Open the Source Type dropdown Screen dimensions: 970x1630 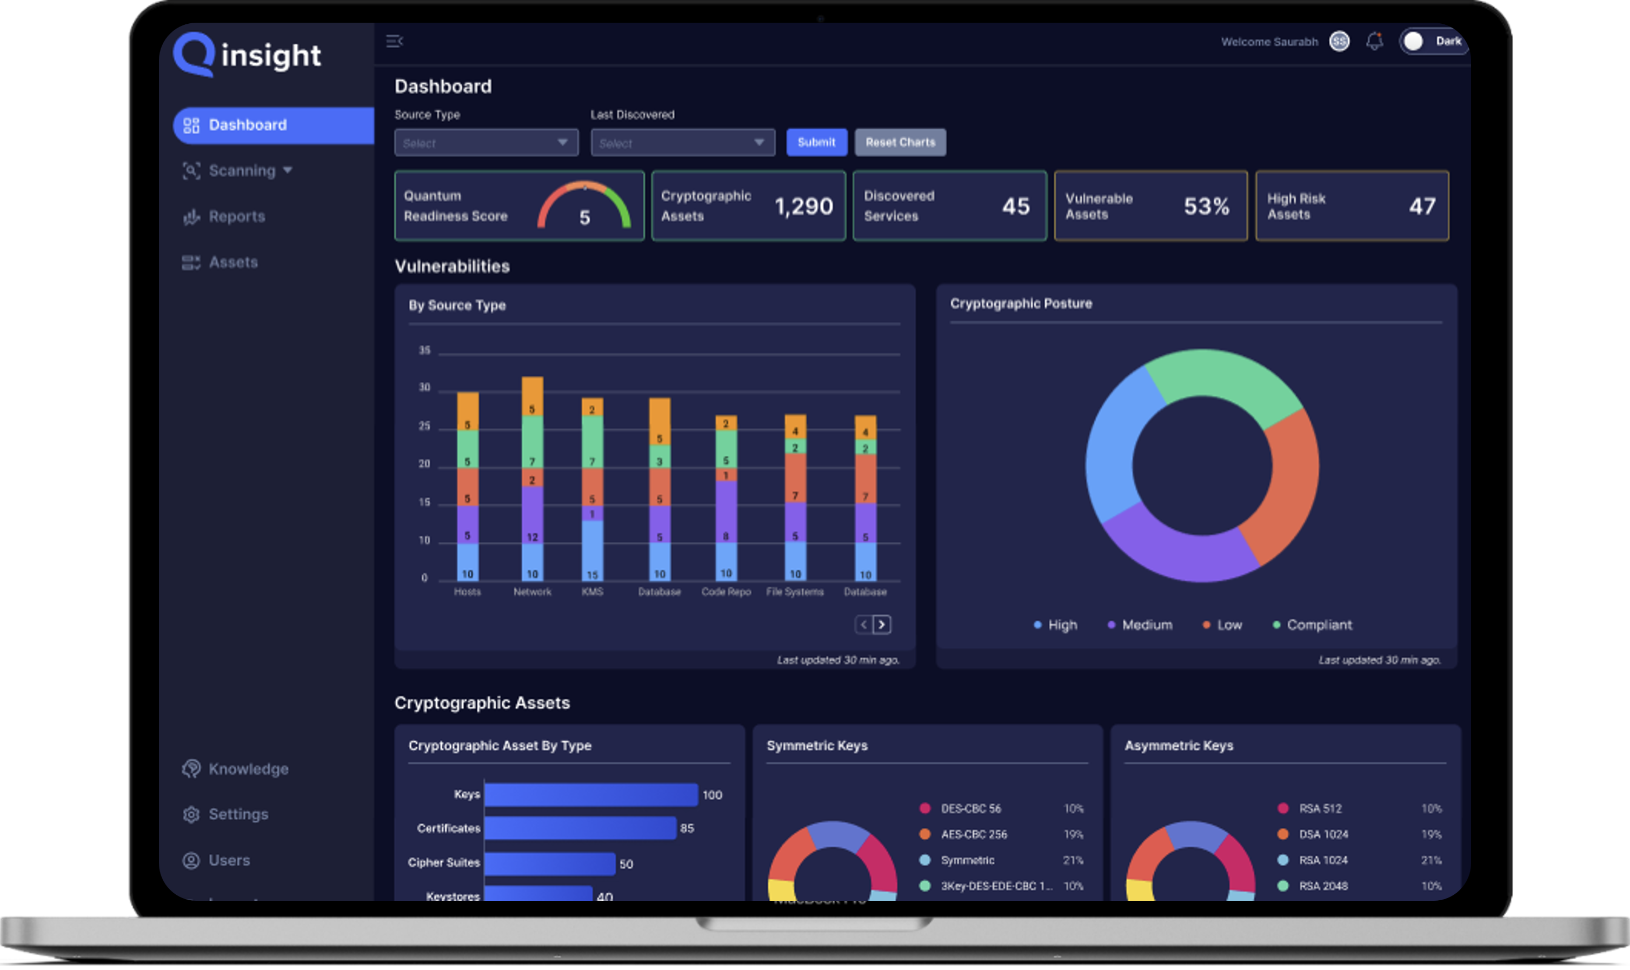(485, 143)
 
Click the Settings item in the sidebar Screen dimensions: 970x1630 (238, 814)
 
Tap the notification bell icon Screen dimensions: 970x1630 (1374, 41)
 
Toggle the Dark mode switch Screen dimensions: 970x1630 (1433, 41)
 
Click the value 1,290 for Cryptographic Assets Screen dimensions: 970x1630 (803, 207)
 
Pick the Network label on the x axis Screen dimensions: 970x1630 (532, 592)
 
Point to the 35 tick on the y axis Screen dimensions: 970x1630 (425, 351)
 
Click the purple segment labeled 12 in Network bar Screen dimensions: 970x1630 (532, 516)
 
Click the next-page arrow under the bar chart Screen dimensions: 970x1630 (882, 625)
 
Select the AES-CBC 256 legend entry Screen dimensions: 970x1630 (973, 835)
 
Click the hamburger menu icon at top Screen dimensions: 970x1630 (394, 41)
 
